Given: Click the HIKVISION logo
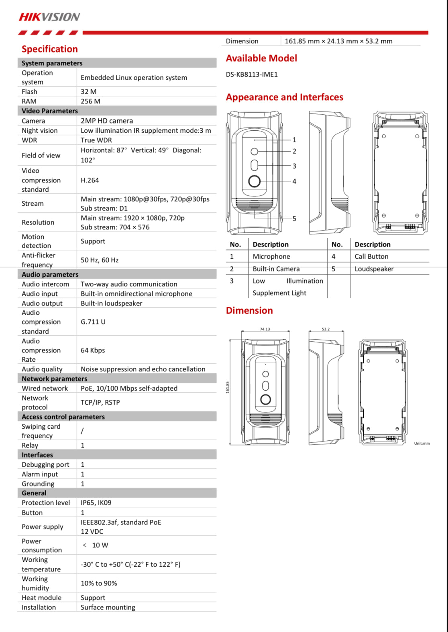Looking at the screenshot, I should (x=49, y=17).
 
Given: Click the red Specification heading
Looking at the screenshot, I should (x=50, y=49).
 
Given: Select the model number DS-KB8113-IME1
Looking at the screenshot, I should (x=252, y=74).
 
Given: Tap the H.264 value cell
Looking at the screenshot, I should (x=90, y=180).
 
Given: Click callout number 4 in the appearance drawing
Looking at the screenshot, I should (x=294, y=181).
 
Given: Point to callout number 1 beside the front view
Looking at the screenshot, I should (x=294, y=140).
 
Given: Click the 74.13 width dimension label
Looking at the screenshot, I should (x=265, y=329).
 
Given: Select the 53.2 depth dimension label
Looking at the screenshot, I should (x=326, y=329).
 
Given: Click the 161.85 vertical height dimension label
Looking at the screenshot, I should (x=228, y=387).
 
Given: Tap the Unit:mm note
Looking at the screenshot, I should (x=422, y=444).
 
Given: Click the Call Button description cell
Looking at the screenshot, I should (x=371, y=257).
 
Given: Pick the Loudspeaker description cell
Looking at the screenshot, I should (x=374, y=269).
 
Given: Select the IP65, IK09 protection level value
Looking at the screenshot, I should (x=96, y=502).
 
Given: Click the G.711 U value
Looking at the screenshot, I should (x=93, y=322).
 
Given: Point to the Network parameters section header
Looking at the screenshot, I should (x=54, y=379).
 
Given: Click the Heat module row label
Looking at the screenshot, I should (x=41, y=598).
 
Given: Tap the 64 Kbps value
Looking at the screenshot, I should (x=93, y=350).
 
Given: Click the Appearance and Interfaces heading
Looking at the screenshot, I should (x=284, y=97).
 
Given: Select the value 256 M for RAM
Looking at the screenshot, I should (x=90, y=101).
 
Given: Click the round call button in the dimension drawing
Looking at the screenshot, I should (x=265, y=399).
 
